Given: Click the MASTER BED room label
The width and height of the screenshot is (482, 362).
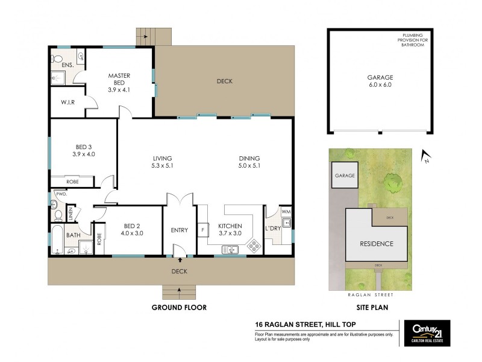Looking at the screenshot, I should [x=119, y=76].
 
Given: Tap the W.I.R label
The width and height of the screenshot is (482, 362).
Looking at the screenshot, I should [x=67, y=103].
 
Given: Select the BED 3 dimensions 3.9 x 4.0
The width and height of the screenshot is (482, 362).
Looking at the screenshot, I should [x=84, y=154].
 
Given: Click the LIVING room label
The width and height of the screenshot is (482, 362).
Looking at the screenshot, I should [x=162, y=159].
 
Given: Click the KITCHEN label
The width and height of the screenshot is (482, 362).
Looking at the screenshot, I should [x=230, y=226].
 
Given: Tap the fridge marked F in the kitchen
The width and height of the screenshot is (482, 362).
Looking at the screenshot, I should [x=203, y=230].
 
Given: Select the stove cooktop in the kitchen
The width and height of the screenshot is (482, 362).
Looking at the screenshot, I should [x=254, y=246].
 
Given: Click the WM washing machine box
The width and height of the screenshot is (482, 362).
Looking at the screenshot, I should [x=286, y=211].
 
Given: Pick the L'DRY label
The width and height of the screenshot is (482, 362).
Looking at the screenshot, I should [x=274, y=230].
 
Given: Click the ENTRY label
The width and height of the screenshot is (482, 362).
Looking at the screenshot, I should [x=180, y=230].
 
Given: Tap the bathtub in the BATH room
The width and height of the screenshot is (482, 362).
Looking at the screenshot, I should [x=57, y=241].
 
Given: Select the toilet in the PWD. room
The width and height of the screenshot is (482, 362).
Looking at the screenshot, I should [x=58, y=214].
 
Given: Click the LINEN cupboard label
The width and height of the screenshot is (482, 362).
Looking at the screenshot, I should [x=70, y=212].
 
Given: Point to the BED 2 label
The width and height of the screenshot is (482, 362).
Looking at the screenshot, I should [x=133, y=226].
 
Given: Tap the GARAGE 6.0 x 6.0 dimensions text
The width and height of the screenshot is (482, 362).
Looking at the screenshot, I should [x=380, y=85].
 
